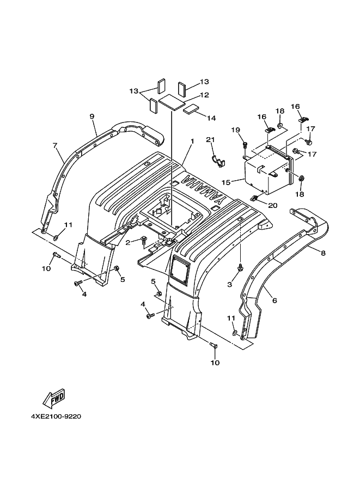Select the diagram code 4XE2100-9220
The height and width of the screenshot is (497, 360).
point(56,416)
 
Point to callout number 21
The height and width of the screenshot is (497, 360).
point(210,140)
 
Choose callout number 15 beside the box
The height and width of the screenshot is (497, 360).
point(235,182)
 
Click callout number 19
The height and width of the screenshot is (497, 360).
point(245,130)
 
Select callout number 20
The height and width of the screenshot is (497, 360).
point(273,205)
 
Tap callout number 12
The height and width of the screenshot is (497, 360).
point(204,95)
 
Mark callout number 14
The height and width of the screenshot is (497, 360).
point(211,118)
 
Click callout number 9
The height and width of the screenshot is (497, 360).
point(92,116)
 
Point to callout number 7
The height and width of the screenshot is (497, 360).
point(55,146)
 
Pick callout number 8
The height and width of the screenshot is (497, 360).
point(323,253)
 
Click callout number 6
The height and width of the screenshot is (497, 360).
point(274,300)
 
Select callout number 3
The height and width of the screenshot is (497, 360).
point(230,284)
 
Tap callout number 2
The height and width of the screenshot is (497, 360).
point(128,243)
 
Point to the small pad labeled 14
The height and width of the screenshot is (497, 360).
point(191,109)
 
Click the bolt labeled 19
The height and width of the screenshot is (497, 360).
point(245,145)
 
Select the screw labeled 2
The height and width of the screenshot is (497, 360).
point(143,240)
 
